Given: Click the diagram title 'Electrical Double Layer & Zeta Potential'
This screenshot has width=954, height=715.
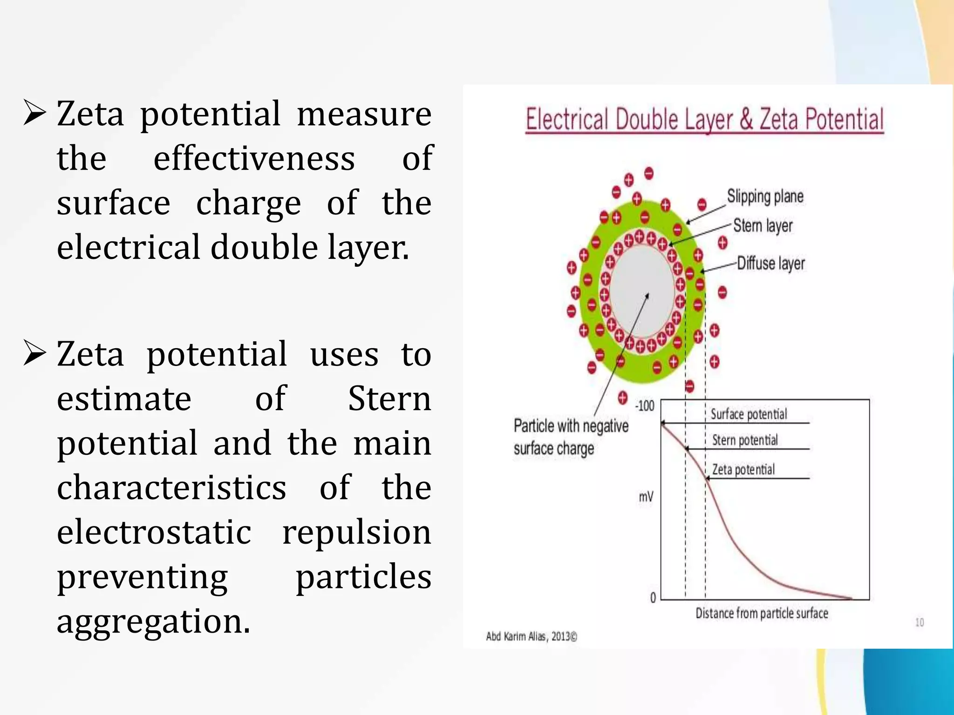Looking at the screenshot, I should (x=704, y=119).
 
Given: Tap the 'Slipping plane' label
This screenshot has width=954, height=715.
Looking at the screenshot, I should (x=765, y=196).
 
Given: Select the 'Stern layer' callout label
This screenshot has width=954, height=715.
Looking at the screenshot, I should (x=763, y=226).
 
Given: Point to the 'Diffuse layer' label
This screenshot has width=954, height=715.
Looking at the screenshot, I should (x=770, y=263).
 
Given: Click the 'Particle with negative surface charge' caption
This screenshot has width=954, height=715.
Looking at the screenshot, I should (x=571, y=437).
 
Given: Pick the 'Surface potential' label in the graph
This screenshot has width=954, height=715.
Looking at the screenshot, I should (x=749, y=414).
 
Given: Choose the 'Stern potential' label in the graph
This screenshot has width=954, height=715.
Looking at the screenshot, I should (x=745, y=440).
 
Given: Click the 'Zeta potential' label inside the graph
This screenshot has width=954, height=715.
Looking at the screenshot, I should (x=743, y=470).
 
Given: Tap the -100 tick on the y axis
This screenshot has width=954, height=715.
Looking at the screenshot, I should (x=645, y=406).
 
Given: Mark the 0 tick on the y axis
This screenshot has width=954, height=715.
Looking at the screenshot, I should (x=653, y=598).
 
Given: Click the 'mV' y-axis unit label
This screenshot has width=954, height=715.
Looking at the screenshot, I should (x=646, y=497).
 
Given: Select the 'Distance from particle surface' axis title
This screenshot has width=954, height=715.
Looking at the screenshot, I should (x=762, y=614).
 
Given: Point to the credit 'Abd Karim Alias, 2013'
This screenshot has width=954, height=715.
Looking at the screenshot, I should (x=531, y=636).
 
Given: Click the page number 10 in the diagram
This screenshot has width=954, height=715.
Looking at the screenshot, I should (x=919, y=622).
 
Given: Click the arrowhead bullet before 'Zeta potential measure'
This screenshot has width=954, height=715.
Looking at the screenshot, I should (x=34, y=114).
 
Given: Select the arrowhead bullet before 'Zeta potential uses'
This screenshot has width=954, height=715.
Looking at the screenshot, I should (x=34, y=354).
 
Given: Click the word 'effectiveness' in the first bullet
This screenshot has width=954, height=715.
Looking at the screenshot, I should (x=254, y=158).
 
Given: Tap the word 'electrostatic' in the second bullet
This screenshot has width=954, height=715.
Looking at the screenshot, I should (x=154, y=532).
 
